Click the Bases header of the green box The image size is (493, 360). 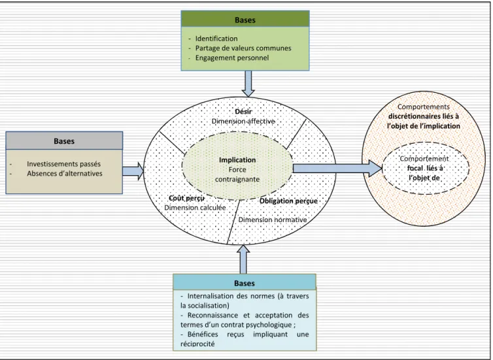click(245, 20)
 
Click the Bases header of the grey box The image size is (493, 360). click(64, 141)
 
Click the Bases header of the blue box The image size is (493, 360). click(245, 283)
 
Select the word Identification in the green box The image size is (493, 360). click(216, 39)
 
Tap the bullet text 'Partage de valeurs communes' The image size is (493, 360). click(243, 48)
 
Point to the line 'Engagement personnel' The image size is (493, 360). click(232, 57)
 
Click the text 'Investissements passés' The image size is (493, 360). click(64, 164)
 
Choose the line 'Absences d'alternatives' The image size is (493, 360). click(65, 173)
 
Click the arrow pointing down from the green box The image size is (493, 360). click(248, 84)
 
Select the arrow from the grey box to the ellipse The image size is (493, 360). click(133, 171)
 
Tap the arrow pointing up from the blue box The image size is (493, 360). click(243, 259)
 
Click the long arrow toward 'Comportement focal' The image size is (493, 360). click(337, 168)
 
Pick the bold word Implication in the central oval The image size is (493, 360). click(237, 160)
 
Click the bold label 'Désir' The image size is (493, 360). click(243, 112)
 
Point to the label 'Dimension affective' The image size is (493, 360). click(243, 122)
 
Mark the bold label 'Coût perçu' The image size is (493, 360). click(187, 198)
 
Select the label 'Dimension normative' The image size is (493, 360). click(273, 220)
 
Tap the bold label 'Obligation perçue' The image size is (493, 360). click(288, 201)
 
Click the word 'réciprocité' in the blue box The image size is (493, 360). click(197, 344)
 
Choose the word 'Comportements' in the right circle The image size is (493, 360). click(424, 106)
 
